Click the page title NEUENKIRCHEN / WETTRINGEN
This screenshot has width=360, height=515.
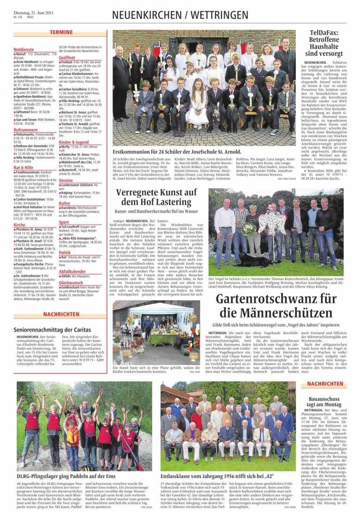click(x=180, y=15)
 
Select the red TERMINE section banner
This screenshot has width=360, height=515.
click(x=61, y=32)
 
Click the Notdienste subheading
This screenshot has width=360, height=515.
click(x=23, y=49)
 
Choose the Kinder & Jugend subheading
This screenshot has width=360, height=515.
click(x=74, y=142)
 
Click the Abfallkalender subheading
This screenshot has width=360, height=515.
click(x=73, y=271)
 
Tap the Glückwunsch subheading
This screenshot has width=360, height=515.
click(x=71, y=282)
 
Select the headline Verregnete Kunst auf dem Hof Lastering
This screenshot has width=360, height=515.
click(x=156, y=197)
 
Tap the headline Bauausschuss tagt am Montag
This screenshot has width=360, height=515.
click(x=324, y=401)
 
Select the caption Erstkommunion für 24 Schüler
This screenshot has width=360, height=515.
click(x=177, y=152)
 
